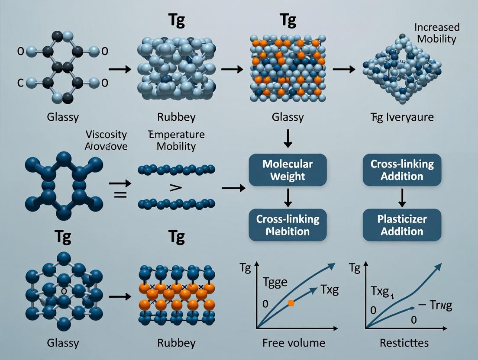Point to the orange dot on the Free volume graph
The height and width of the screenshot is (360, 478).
[291, 303]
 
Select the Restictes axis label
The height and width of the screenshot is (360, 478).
[404, 343]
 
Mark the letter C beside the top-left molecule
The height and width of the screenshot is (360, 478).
[20, 84]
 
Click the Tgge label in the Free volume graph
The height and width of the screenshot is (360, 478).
[275, 283]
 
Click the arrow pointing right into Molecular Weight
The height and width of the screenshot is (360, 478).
[233, 188]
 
